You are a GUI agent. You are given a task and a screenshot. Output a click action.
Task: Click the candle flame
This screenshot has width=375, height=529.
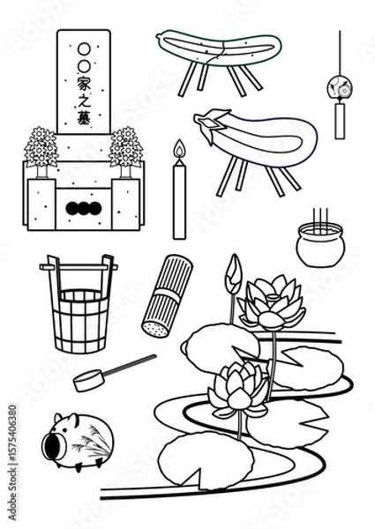(180, 149)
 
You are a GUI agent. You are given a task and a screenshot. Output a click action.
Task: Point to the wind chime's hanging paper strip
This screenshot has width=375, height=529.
(339, 122)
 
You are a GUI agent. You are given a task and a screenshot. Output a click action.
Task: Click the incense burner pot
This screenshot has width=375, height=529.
(319, 245)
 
